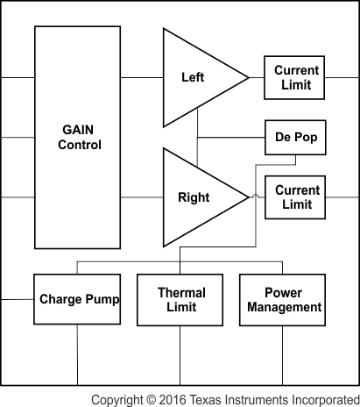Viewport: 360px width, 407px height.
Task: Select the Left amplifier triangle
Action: (193, 77)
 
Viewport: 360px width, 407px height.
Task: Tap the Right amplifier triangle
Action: (193, 197)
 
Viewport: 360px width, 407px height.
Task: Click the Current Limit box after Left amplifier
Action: (296, 77)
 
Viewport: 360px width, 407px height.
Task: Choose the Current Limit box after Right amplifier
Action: (296, 197)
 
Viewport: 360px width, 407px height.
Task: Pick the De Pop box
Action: (296, 139)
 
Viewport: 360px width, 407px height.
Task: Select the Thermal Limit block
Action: (180, 299)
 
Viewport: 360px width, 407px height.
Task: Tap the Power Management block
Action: (284, 299)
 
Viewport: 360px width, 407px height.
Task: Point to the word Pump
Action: (102, 299)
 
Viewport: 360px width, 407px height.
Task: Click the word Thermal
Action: (180, 291)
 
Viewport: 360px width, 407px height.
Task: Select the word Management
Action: (284, 307)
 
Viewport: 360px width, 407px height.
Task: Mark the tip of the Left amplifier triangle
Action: (248, 77)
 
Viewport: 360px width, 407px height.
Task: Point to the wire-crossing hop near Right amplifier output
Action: (255, 197)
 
